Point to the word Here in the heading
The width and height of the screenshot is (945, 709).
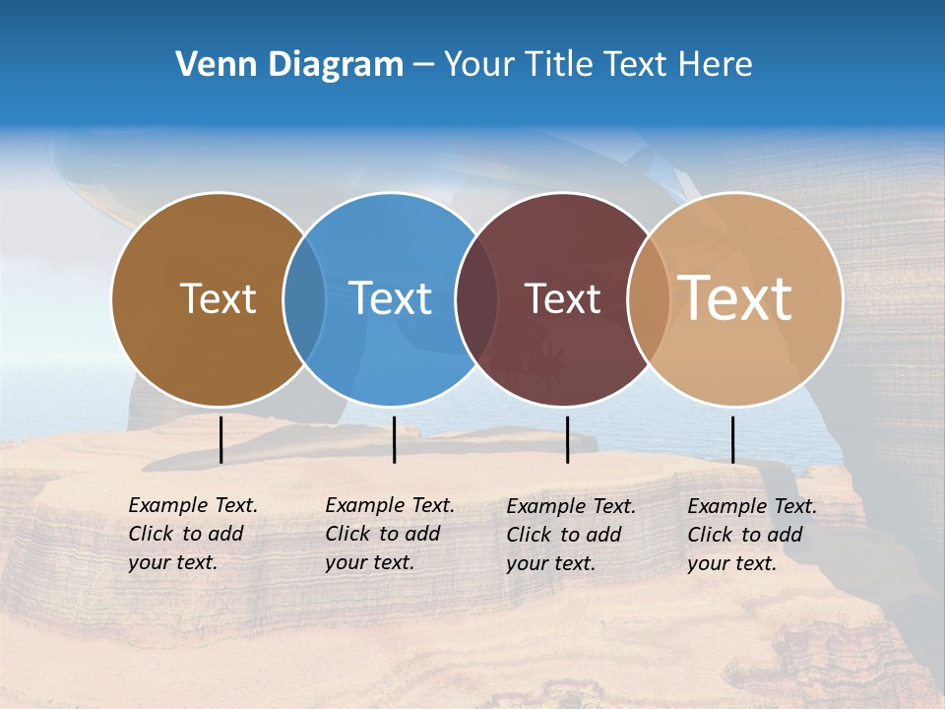[x=716, y=65]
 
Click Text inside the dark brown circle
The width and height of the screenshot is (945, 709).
[x=218, y=298]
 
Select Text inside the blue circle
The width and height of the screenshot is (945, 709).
[x=390, y=298]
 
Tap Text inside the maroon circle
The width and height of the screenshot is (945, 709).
[x=562, y=298]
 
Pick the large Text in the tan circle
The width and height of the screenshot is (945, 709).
[x=735, y=298]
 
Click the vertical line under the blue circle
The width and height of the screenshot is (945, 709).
[x=394, y=439]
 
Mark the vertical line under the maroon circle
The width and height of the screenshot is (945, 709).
[x=567, y=439]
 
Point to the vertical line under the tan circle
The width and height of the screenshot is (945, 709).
[x=732, y=439]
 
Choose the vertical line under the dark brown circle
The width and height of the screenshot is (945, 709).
[x=220, y=439]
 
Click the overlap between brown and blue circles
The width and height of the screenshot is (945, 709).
[x=304, y=298]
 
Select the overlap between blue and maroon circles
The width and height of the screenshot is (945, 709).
[x=474, y=298]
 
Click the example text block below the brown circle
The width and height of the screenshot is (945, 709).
[x=193, y=534]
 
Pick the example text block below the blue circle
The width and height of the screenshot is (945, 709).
[x=390, y=534]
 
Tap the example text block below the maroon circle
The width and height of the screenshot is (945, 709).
[x=571, y=535]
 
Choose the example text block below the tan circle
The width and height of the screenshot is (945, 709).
[x=752, y=535]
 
